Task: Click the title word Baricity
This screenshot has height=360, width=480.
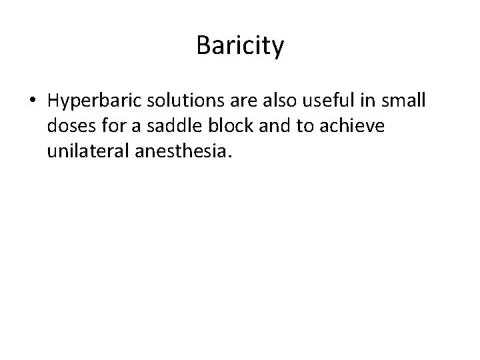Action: [x=240, y=47]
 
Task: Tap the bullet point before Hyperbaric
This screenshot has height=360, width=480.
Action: [x=33, y=101]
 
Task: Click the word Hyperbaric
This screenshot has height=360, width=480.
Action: [x=92, y=101]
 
